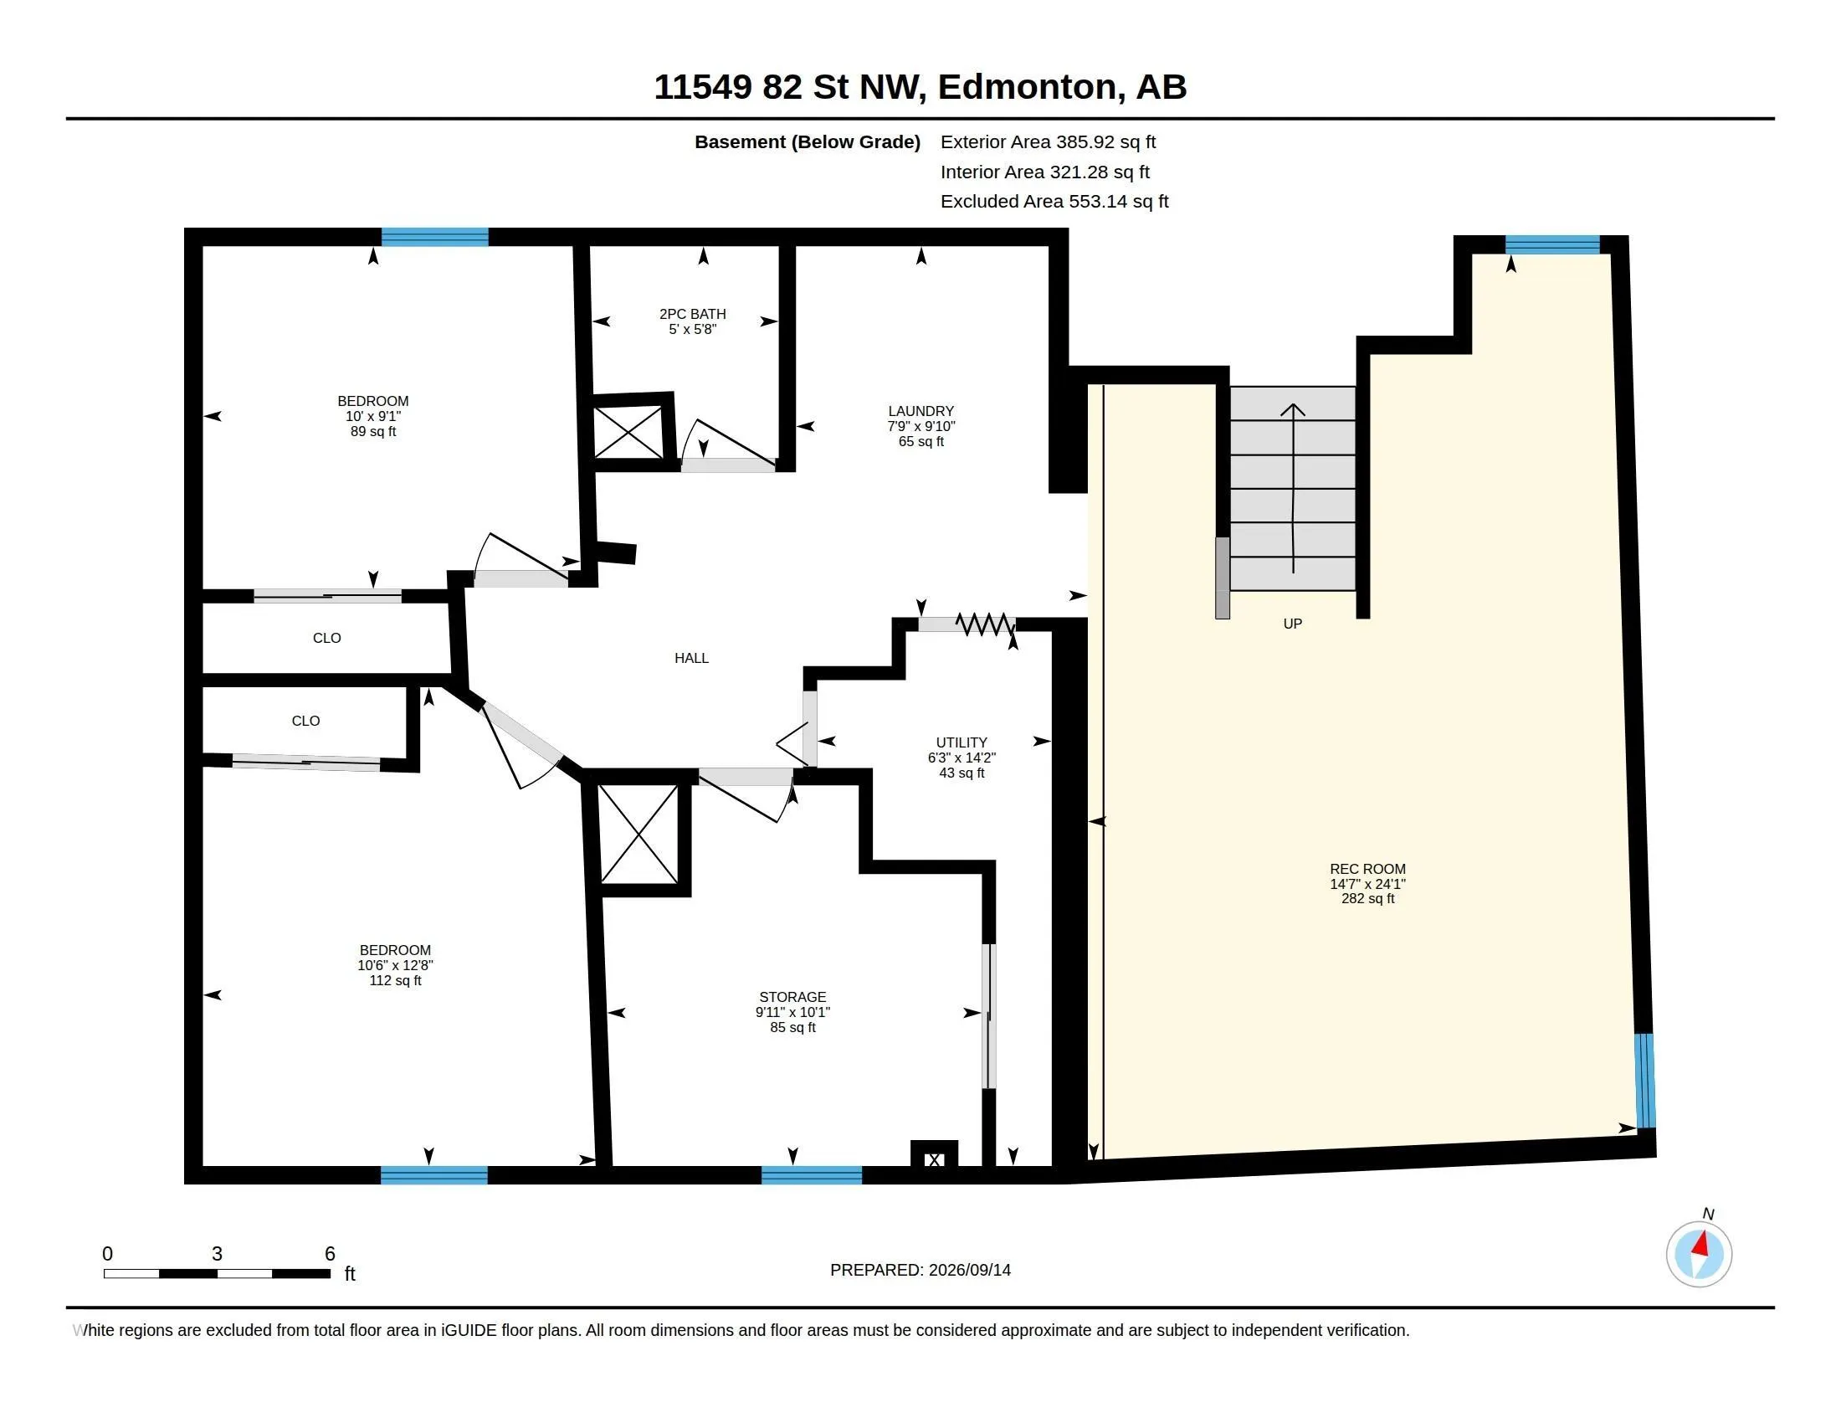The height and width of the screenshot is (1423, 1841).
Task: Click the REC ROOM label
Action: [x=1367, y=869]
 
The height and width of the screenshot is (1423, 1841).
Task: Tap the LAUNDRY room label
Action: [x=920, y=411]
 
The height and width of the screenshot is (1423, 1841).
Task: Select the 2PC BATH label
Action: [x=692, y=315]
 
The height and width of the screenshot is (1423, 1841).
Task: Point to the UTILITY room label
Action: [x=961, y=742]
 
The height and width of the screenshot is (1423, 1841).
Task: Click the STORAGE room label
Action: [x=792, y=997]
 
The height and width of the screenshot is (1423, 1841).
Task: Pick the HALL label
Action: [x=691, y=659]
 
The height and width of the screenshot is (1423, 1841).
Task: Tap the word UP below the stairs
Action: [x=1292, y=624]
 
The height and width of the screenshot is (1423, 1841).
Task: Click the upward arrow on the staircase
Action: [x=1293, y=488]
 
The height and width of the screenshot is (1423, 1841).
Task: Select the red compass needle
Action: [x=1701, y=1244]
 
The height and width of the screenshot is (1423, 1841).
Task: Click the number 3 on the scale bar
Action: [x=217, y=1254]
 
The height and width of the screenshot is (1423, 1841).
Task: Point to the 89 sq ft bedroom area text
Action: [x=373, y=432]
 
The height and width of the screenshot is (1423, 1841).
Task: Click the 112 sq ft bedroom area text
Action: [x=395, y=980]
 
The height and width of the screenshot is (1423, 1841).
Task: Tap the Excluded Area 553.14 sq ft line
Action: [x=1054, y=202]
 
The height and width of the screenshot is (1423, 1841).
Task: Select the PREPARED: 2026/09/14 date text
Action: [x=920, y=1270]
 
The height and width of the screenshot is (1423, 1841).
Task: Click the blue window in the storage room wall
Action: [x=812, y=1175]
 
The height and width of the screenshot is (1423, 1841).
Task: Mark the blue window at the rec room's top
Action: [x=1552, y=244]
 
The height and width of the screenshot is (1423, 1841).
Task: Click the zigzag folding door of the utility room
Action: [x=986, y=624]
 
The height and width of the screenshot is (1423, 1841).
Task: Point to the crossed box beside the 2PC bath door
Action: [x=628, y=433]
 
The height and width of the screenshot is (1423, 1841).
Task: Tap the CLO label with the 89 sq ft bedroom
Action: [x=327, y=638]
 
